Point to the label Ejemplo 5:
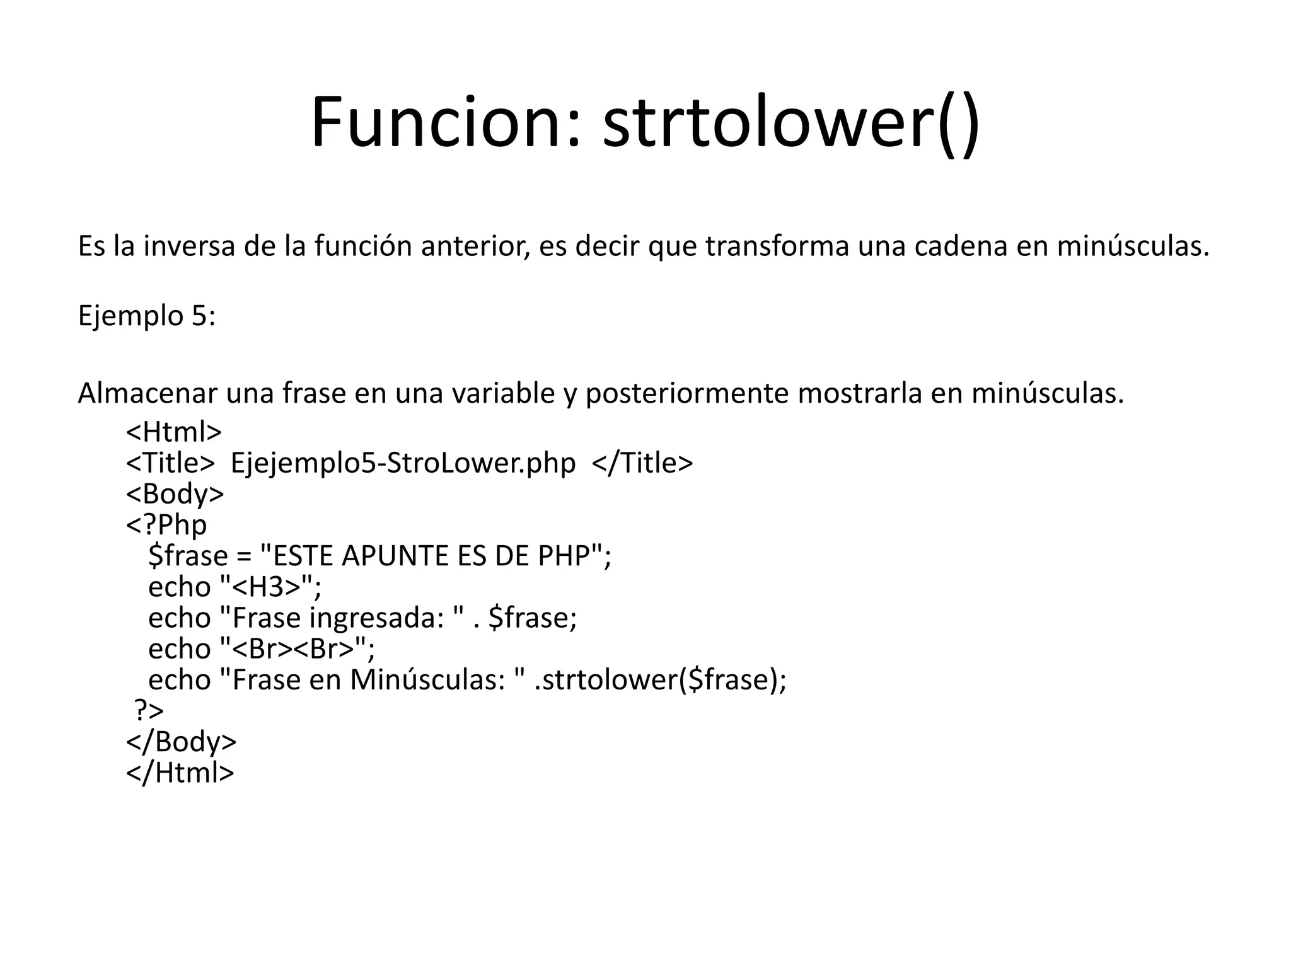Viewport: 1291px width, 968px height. click(x=146, y=316)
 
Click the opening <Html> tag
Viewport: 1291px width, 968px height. click(x=174, y=432)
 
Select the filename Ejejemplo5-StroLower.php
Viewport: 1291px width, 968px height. click(x=403, y=463)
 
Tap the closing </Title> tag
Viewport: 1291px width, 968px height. click(x=643, y=463)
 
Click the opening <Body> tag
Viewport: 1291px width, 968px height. click(x=175, y=494)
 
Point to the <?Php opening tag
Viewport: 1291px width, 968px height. click(x=166, y=525)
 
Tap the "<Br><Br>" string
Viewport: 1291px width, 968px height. click(x=292, y=648)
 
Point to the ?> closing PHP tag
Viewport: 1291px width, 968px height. click(x=149, y=710)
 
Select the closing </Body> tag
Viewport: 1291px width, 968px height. click(x=182, y=741)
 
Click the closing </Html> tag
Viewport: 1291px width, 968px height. click(x=180, y=772)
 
